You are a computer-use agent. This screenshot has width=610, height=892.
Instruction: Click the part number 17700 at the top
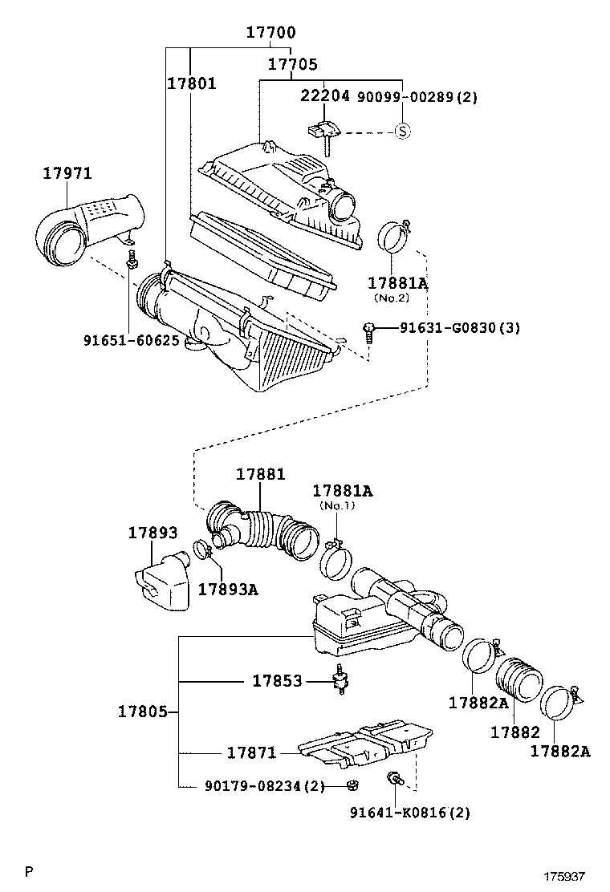click(x=270, y=33)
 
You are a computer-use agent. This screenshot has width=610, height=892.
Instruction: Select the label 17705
click(x=292, y=64)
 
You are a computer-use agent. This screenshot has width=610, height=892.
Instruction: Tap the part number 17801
click(x=192, y=83)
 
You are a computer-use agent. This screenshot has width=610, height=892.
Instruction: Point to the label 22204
click(x=325, y=96)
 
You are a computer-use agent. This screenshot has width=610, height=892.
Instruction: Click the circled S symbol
click(x=402, y=131)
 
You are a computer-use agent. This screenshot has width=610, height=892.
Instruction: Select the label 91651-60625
click(x=131, y=340)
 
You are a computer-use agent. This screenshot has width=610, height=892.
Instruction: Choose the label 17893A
click(x=228, y=589)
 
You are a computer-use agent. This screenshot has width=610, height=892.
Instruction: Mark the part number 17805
click(x=142, y=712)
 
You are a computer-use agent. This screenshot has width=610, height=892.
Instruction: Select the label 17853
click(x=277, y=681)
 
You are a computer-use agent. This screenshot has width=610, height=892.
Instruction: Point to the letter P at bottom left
click(x=29, y=872)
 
